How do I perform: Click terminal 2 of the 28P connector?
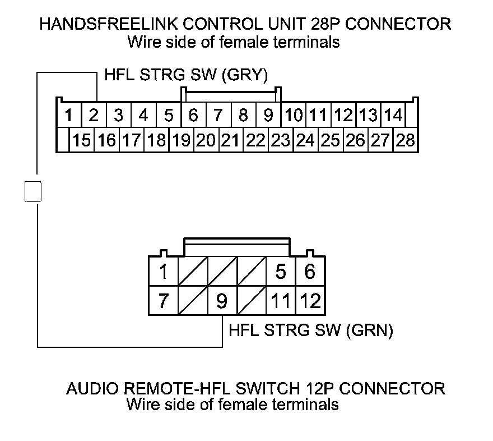pyautogui.click(x=94, y=116)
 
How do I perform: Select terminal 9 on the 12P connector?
pyautogui.click(x=222, y=301)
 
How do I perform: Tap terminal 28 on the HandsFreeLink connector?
pyautogui.click(x=405, y=140)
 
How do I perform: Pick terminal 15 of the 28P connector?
pyautogui.click(x=82, y=140)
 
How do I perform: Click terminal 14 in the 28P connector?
pyautogui.click(x=394, y=116)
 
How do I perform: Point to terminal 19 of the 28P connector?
pyautogui.click(x=181, y=140)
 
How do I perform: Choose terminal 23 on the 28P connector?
pyautogui.click(x=280, y=140)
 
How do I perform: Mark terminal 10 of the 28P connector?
pyautogui.click(x=294, y=116)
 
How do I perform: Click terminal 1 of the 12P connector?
pyautogui.click(x=164, y=273)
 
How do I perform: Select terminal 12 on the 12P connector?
pyautogui.click(x=309, y=301)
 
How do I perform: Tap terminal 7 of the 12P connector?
pyautogui.click(x=164, y=301)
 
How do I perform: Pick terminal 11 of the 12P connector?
pyautogui.click(x=281, y=301)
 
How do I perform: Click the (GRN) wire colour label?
pyautogui.click(x=370, y=331)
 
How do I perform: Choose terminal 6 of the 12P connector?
pyautogui.click(x=309, y=273)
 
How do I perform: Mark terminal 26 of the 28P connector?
pyautogui.click(x=355, y=140)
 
